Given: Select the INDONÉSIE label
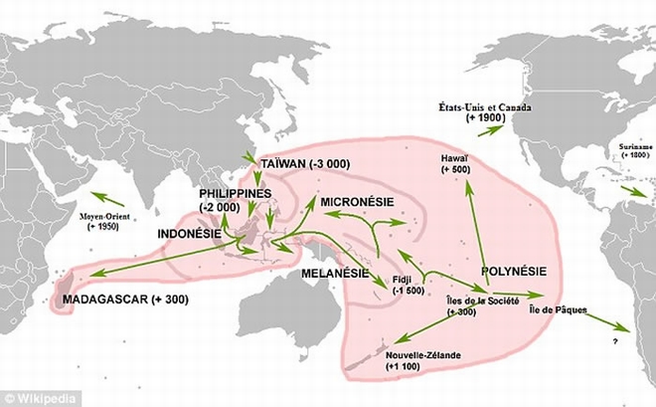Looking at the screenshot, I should point(191,234).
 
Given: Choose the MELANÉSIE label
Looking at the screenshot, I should point(335,272).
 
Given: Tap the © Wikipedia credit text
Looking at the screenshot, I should point(34,397).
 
